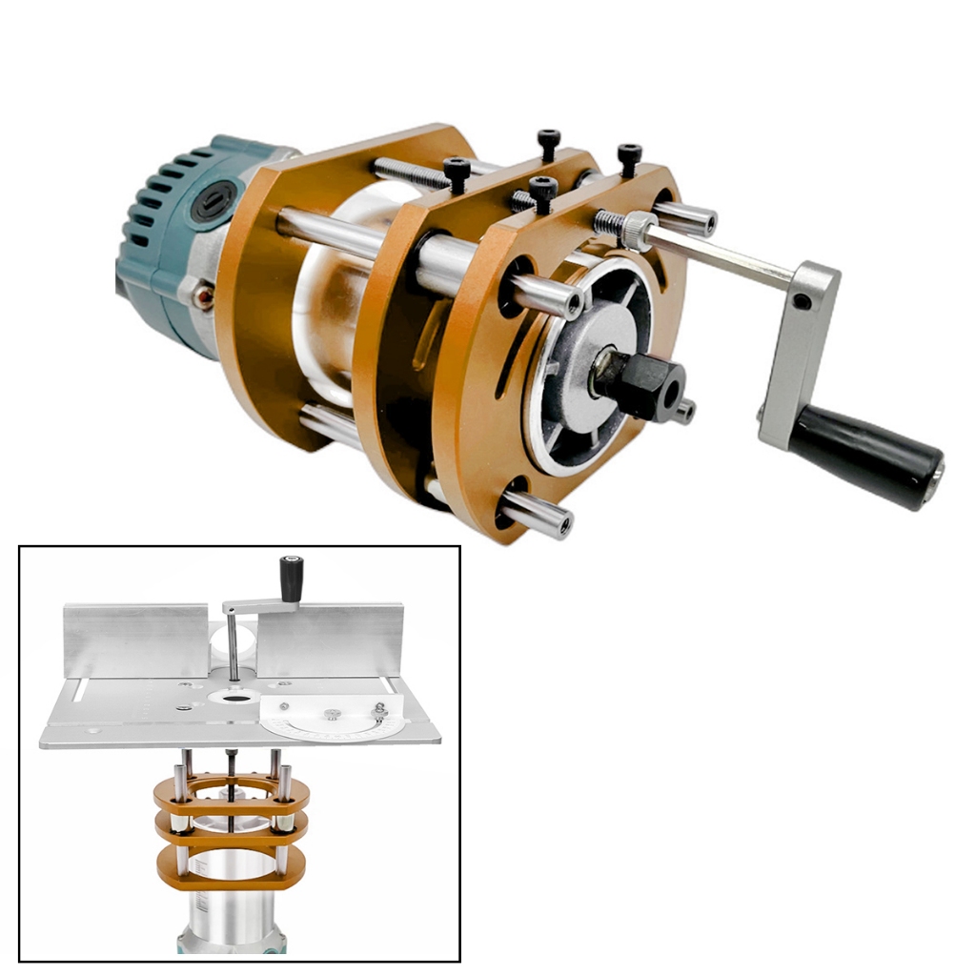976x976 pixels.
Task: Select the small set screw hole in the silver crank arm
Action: [803, 302]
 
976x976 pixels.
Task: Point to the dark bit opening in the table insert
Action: [231, 697]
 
